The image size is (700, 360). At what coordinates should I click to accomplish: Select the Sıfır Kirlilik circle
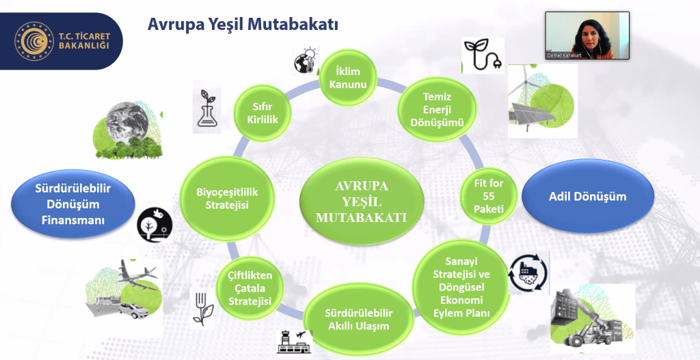[263, 113]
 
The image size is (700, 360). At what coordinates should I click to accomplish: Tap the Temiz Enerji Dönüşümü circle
[437, 109]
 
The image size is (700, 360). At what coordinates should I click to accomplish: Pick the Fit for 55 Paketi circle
[489, 196]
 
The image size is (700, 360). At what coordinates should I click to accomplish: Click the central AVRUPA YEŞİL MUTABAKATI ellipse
[361, 202]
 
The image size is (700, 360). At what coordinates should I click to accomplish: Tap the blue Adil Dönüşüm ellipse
[587, 196]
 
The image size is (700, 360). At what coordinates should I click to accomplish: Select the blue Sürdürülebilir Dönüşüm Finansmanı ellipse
[72, 204]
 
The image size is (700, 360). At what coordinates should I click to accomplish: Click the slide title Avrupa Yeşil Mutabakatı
[243, 24]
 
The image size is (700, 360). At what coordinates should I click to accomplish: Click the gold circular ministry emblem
[34, 41]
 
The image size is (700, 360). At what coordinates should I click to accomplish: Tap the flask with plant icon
[206, 107]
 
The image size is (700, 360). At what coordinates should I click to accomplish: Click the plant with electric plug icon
[482, 55]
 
